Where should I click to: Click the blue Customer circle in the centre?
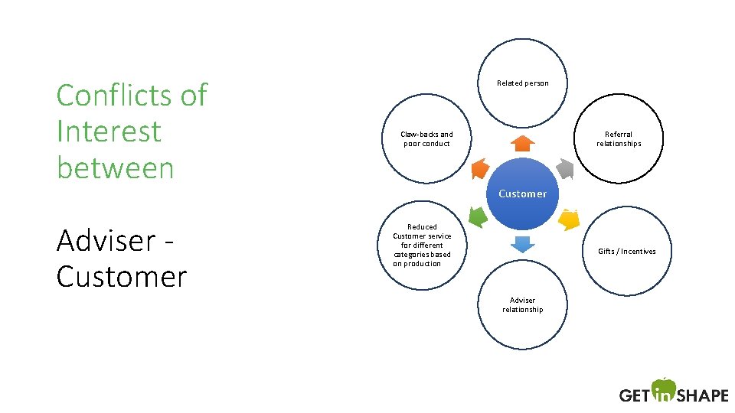click(x=522, y=193)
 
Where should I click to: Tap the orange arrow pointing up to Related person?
click(x=522, y=143)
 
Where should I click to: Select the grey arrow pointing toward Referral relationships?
click(x=564, y=168)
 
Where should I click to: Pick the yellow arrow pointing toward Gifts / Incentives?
click(x=568, y=220)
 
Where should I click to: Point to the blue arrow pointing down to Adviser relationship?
click(x=522, y=245)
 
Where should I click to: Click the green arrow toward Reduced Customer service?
click(x=477, y=219)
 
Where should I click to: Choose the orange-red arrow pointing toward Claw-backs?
click(x=479, y=168)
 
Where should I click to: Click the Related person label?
click(x=522, y=83)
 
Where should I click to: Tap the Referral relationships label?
click(x=619, y=138)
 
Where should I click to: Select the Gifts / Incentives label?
click(x=626, y=252)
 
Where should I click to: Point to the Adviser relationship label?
click(x=522, y=304)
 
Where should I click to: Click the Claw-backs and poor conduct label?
click(x=426, y=138)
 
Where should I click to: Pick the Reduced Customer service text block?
click(x=422, y=246)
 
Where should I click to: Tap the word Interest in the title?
click(x=109, y=132)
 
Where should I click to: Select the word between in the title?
click(x=116, y=168)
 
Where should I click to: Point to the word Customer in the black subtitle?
click(x=121, y=277)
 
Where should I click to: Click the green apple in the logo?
click(x=664, y=389)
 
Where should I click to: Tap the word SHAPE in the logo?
click(x=703, y=395)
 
